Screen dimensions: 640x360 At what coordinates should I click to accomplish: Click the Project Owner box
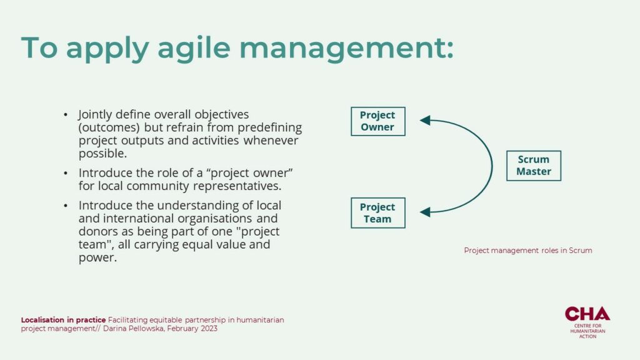pos(378,121)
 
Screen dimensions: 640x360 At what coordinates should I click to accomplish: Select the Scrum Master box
pos(534,166)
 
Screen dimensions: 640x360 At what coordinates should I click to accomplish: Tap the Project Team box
pos(378,213)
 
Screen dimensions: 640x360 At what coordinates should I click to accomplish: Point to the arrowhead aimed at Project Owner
pos(425,120)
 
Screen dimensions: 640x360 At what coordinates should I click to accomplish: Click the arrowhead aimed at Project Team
pos(425,212)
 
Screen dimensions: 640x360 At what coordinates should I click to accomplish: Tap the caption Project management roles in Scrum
pos(527,250)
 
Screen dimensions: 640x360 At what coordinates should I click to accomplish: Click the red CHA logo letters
pos(587,314)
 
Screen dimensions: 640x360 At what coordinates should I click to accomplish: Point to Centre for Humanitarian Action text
pos(587,331)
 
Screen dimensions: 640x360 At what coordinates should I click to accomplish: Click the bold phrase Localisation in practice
pos(63,319)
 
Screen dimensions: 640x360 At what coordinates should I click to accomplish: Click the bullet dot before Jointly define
pos(65,115)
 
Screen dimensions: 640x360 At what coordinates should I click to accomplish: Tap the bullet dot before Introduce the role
pos(65,174)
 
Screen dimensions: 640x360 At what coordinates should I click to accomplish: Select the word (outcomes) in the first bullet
pos(109,127)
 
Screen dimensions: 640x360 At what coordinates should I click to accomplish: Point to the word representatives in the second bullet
pos(237,186)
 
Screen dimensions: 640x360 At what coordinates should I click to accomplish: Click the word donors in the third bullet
pos(96,231)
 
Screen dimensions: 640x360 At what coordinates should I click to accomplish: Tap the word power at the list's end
pos(96,258)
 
